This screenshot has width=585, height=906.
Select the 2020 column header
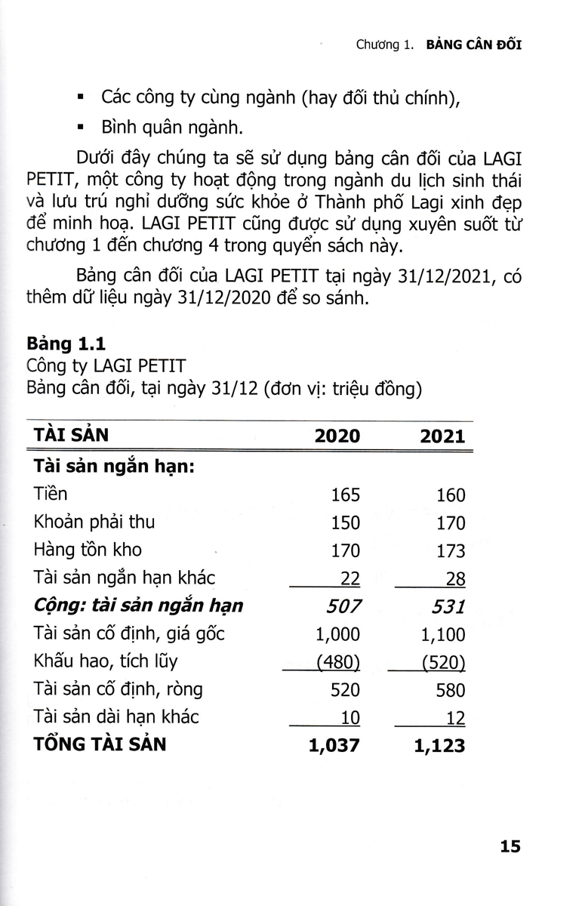tap(337, 436)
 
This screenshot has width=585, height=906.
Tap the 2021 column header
tap(442, 436)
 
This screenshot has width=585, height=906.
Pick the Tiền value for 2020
tap(346, 495)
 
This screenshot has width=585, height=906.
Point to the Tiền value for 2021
tap(451, 495)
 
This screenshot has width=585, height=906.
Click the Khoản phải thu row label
tap(94, 522)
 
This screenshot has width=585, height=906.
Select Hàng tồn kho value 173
tap(451, 550)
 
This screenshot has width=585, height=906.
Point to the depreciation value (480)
tap(338, 662)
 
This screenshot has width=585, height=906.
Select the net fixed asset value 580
tap(451, 689)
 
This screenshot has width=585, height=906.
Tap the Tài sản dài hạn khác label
tap(116, 716)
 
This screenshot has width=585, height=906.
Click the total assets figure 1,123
tap(440, 745)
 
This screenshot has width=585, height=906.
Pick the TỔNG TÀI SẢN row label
tap(100, 744)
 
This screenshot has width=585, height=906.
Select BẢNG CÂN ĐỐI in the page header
tap(474, 45)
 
